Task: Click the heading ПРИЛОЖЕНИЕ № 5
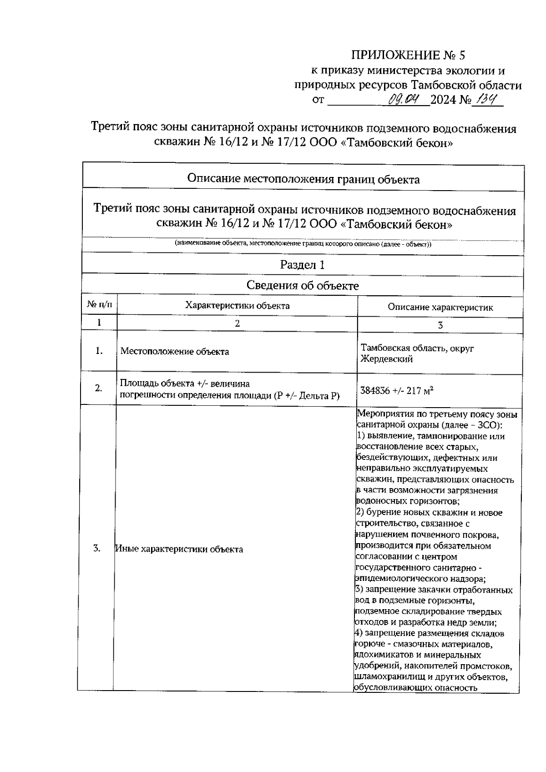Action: click(408, 56)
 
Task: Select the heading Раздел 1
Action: click(302, 265)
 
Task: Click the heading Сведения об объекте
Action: click(302, 286)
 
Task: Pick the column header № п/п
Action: click(99, 304)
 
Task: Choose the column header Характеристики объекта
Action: click(237, 305)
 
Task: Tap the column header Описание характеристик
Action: click(440, 307)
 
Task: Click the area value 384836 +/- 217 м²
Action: click(396, 390)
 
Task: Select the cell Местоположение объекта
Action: click(175, 352)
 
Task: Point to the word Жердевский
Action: click(386, 359)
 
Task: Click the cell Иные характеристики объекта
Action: click(179, 549)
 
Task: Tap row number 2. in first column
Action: click(98, 388)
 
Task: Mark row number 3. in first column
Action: click(96, 548)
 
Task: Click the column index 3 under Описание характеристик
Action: click(440, 325)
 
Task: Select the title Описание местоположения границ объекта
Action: click(303, 179)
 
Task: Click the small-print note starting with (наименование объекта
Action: click(303, 244)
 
